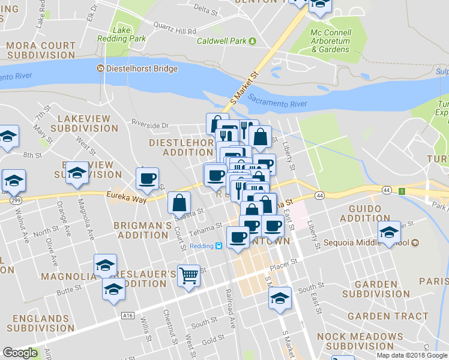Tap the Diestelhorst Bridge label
pos(142,68)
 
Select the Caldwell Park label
pos(223,41)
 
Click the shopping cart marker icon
pos(188,276)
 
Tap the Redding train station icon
pos(219,245)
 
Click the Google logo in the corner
pos(20,353)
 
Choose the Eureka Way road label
pos(127,196)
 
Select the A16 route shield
pos(126,316)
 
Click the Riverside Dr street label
pos(150,125)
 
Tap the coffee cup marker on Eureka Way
pos(146,178)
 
